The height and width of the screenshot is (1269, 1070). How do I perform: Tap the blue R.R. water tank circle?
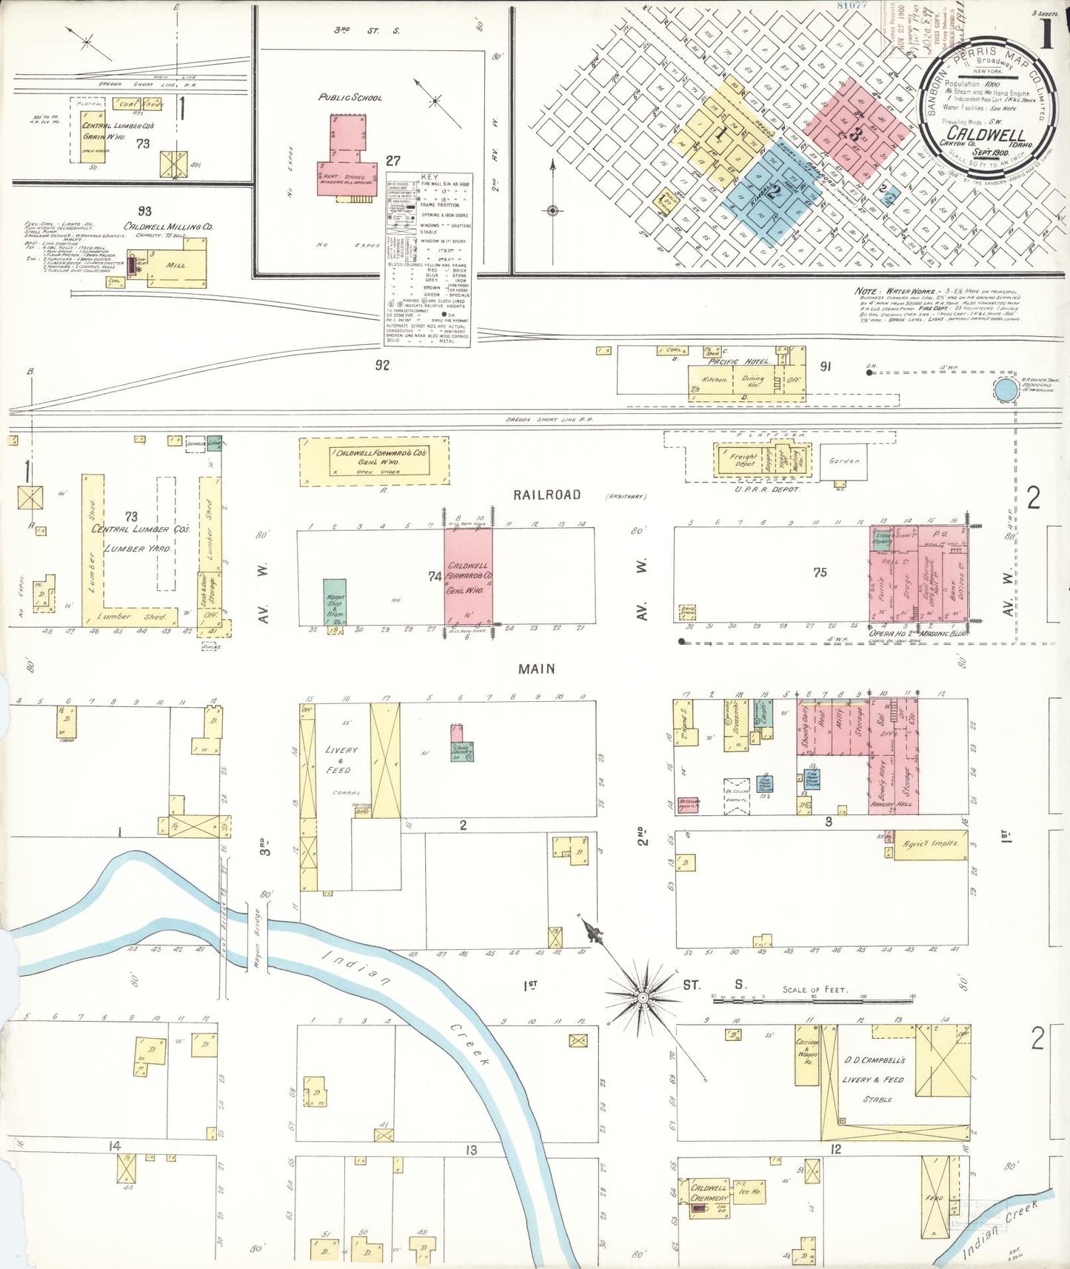coord(1006,389)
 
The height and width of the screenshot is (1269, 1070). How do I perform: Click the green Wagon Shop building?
coord(335,602)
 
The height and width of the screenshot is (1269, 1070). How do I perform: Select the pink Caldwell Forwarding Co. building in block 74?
coord(468,577)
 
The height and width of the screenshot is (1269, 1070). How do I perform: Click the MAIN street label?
coord(537,669)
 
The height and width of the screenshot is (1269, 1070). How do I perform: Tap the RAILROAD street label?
coord(546,495)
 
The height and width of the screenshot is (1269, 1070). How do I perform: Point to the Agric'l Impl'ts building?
coord(930,843)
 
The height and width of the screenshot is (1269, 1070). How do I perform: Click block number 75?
coord(820,572)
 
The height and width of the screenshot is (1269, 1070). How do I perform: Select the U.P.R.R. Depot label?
coord(767,489)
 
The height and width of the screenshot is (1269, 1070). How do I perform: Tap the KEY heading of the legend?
coord(429,178)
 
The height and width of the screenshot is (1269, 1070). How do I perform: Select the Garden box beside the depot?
coord(845,461)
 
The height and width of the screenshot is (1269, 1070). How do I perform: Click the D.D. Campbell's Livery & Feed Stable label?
coord(874,1079)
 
